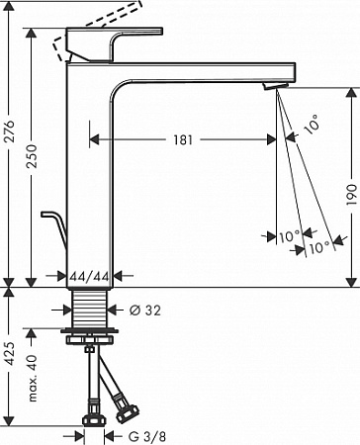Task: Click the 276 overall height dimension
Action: click(x=11, y=131)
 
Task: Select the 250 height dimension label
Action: click(x=33, y=156)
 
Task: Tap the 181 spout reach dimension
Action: click(x=183, y=139)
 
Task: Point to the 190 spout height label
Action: click(x=352, y=195)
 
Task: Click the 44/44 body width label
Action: click(x=90, y=276)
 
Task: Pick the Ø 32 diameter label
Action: click(x=145, y=311)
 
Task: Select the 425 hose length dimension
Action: click(x=10, y=354)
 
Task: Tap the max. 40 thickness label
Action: click(x=33, y=379)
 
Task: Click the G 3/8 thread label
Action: click(x=147, y=437)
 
